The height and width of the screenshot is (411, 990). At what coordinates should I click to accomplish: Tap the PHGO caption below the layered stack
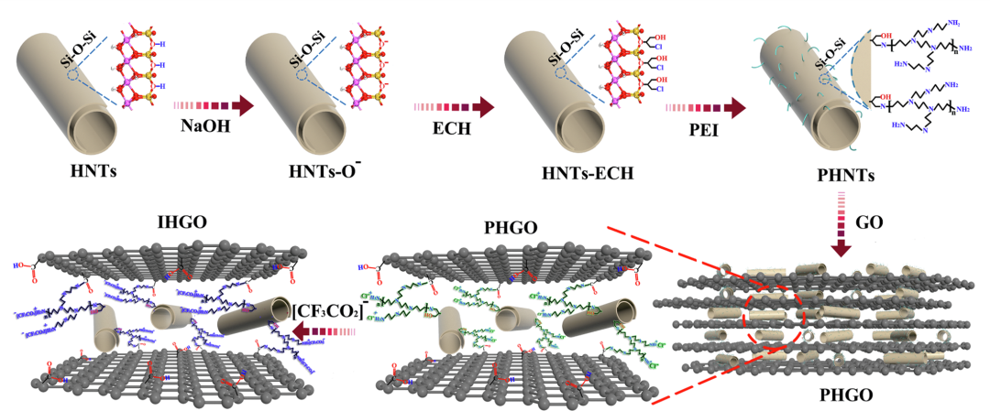[x=841, y=397]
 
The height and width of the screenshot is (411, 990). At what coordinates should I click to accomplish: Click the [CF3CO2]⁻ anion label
[x=328, y=310]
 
